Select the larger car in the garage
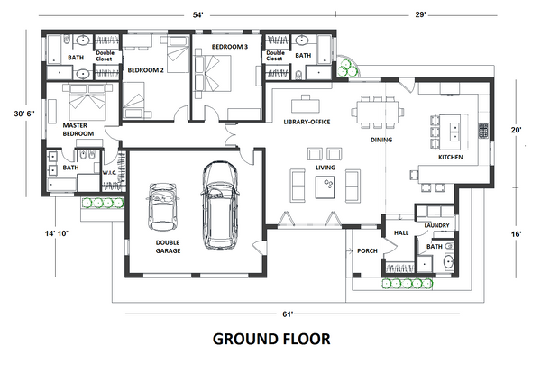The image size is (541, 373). coord(217,205)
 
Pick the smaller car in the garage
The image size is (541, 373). coord(163,206)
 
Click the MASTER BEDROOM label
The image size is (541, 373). coord(78,129)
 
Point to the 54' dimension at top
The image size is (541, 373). coord(197,15)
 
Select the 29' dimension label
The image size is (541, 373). coord(421,15)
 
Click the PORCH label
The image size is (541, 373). coord(367,251)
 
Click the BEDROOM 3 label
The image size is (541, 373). coord(229,46)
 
